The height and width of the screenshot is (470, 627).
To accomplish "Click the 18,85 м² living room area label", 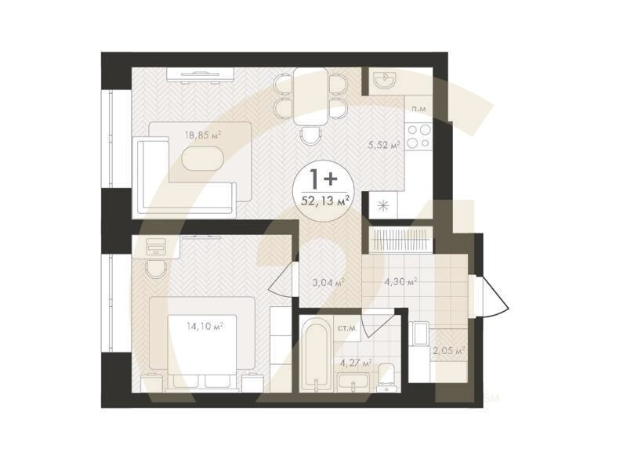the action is click(203, 135).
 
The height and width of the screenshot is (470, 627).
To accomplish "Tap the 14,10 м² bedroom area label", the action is click(205, 327).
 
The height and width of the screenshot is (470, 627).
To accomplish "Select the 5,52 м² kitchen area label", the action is click(384, 145).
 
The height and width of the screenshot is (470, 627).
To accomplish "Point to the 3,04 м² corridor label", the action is click(328, 283).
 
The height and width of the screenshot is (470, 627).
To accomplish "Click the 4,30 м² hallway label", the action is click(401, 282).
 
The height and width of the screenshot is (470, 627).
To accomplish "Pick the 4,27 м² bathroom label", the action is click(356, 363).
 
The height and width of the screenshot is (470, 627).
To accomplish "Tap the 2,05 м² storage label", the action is click(448, 351).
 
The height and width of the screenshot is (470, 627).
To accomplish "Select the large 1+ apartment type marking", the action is click(324, 179).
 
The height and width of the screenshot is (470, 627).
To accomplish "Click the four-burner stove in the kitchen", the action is click(419, 136).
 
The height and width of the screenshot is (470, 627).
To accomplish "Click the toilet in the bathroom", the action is click(387, 377).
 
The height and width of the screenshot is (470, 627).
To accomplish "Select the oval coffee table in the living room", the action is click(202, 158).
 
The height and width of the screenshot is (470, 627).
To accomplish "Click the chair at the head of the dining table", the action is click(311, 136).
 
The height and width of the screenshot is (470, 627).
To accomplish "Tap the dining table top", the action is click(310, 96).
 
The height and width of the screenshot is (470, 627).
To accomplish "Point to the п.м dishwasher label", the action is click(419, 108).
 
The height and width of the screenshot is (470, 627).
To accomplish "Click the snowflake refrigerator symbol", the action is click(383, 205).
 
